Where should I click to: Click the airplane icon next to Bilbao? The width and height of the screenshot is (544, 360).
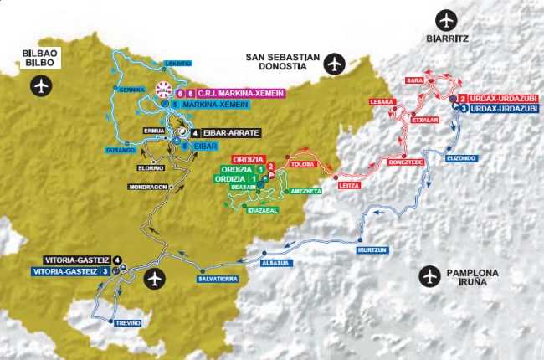(x=40, y=85)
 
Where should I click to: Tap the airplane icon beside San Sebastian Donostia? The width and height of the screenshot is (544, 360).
(x=335, y=63)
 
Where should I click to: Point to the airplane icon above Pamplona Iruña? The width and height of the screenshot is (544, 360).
(x=430, y=275)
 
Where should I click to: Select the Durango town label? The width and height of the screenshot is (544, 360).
(x=121, y=150)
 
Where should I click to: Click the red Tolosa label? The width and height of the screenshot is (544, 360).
(x=301, y=165)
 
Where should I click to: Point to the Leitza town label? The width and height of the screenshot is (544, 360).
(x=348, y=186)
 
